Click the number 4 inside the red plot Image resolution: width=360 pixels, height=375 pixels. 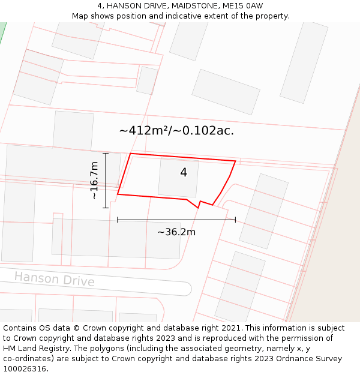184,173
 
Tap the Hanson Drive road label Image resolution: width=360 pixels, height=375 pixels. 54,279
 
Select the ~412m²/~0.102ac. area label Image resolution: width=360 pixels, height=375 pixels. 176,130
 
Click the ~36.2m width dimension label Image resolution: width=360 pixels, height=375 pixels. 176,232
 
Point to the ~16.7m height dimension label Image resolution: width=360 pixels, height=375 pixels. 94,181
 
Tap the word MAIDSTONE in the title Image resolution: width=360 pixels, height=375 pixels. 189,6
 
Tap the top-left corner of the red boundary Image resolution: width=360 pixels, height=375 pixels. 130,154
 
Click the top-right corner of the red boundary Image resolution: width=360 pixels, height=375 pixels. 235,161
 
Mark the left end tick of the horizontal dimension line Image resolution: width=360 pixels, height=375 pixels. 118,220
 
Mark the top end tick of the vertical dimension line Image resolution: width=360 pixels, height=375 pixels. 106,154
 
